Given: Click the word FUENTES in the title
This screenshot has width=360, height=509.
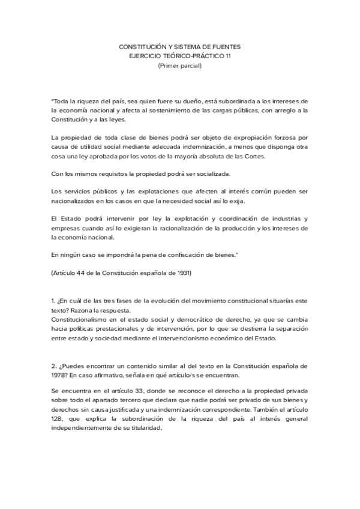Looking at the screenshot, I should [227, 46].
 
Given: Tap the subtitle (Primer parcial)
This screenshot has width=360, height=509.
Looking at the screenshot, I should [180, 65].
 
